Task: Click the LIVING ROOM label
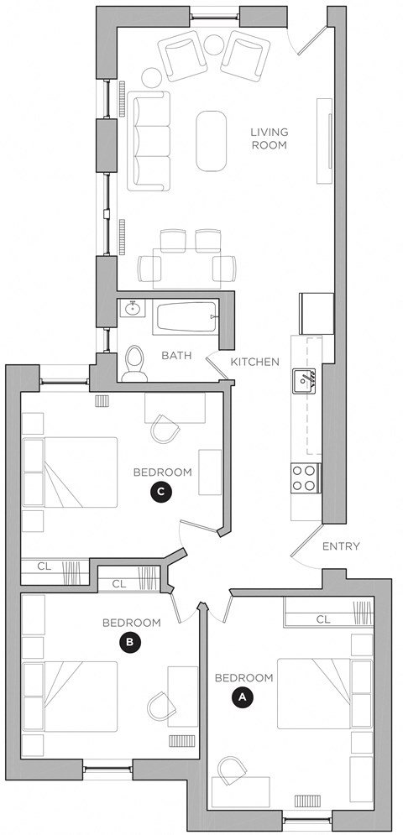coord(269,138)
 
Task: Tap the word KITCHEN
coord(254,362)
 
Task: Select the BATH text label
coord(176,356)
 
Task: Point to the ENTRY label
coord(341,546)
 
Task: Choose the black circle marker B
coord(130,642)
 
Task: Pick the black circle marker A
coord(243,697)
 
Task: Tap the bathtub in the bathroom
coord(186,317)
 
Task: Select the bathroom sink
coord(132,309)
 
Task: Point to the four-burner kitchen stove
coord(304,478)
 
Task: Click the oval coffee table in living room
coord(211,138)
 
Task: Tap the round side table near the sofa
coord(151,77)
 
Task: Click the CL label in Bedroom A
coord(323,619)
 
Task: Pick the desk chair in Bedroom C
coord(165,430)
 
